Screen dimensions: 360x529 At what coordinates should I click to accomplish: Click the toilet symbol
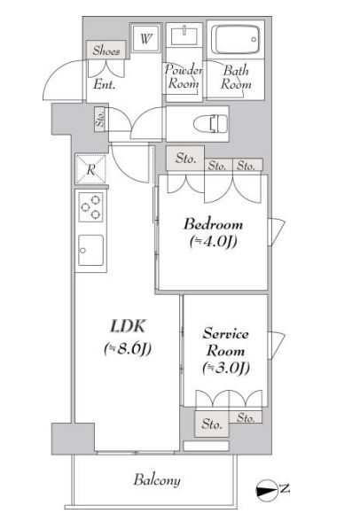click(210, 123)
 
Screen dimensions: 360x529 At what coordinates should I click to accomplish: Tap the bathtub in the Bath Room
click(235, 40)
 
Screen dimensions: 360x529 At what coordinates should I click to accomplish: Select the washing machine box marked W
click(145, 38)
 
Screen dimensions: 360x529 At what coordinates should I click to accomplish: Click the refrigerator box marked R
click(90, 169)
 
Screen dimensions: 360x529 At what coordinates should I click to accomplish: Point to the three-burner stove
click(90, 206)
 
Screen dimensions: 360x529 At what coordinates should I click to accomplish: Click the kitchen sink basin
click(90, 251)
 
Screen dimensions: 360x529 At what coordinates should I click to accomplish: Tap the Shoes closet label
click(106, 51)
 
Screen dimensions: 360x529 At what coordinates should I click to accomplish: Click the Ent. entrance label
click(105, 84)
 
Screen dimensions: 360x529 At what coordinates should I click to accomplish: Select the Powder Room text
click(184, 76)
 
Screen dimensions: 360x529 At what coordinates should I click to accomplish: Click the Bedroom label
click(213, 224)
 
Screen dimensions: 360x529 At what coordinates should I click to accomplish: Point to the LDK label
click(128, 326)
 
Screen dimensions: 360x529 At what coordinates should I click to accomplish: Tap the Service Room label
click(225, 342)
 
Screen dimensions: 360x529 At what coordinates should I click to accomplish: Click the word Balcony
click(157, 480)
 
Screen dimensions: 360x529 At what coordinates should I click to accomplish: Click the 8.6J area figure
click(128, 349)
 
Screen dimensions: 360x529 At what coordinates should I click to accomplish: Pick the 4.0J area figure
click(213, 242)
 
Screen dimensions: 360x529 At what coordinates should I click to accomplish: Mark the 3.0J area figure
click(226, 368)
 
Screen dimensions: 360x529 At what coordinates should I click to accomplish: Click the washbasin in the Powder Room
click(184, 36)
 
